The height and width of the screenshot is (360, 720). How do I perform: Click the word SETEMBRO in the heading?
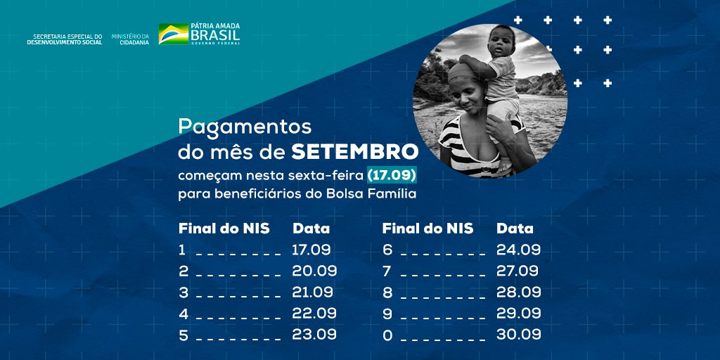(355, 151)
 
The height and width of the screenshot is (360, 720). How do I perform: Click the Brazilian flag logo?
(174, 34)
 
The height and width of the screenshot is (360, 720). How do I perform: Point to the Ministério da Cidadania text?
(130, 39)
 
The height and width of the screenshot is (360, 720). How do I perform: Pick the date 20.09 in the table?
(314, 271)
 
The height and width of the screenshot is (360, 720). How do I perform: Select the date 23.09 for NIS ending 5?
(314, 334)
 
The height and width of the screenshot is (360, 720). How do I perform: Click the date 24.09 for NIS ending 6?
(518, 250)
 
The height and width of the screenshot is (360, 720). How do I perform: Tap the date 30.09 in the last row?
(518, 334)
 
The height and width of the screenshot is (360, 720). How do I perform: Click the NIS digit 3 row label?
(184, 292)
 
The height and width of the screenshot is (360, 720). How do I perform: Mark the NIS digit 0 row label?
(387, 335)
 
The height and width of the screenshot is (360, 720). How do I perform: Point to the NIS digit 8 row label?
(387, 292)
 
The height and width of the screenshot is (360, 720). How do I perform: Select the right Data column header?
(515, 229)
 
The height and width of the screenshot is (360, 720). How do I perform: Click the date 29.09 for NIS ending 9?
(518, 313)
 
